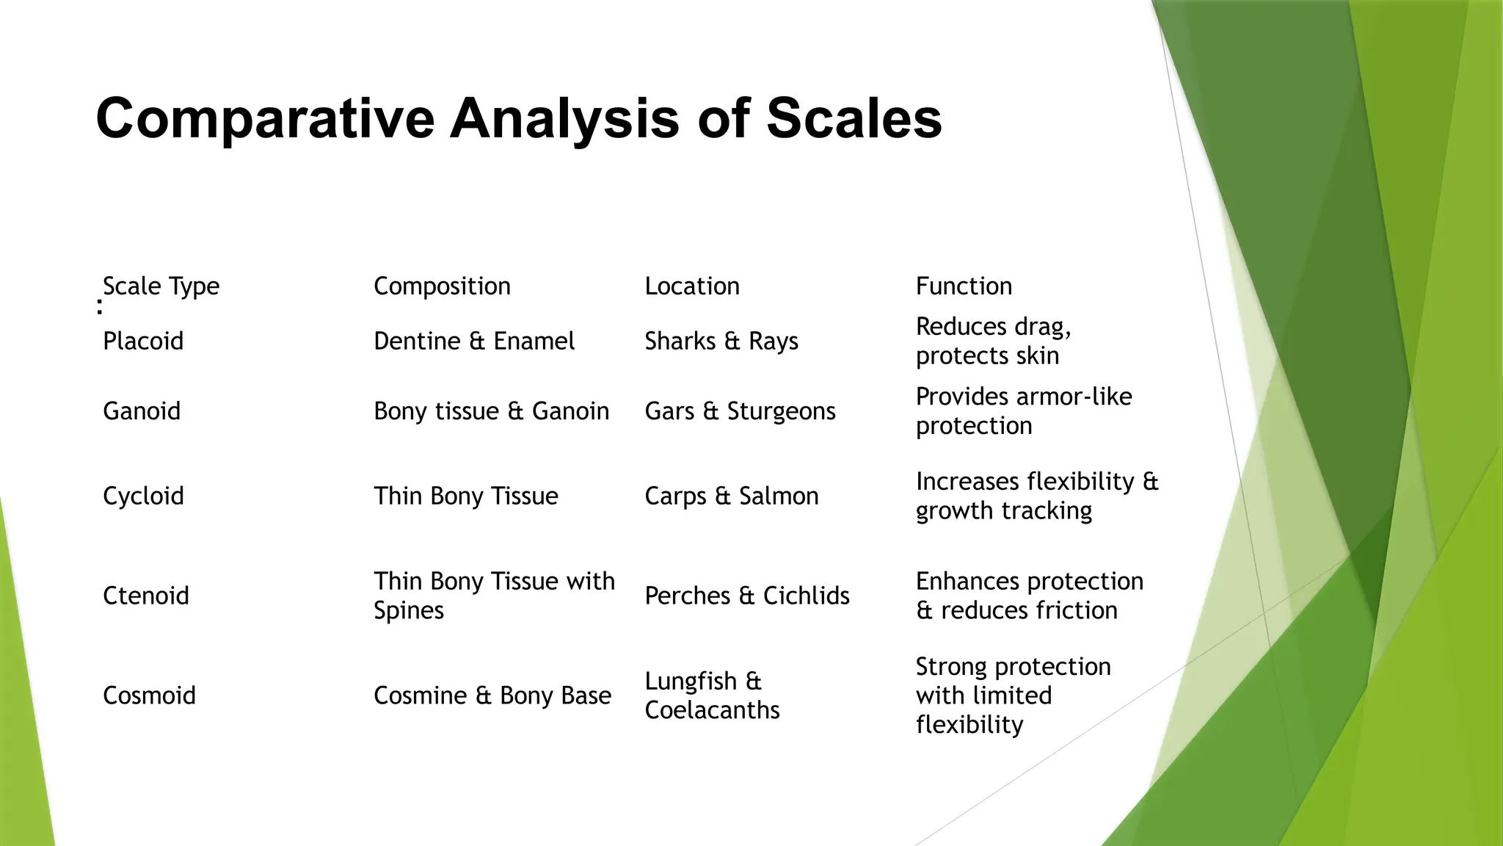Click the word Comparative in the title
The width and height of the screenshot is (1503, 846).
265,119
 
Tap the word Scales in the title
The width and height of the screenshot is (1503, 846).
854,119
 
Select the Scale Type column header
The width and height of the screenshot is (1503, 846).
161,286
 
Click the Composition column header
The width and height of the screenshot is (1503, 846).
442,286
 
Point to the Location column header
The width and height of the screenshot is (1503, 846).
692,286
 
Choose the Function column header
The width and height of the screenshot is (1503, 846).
964,286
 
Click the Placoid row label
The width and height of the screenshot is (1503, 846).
143,341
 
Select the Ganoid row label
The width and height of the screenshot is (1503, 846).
142,411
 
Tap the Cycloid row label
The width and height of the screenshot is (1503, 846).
143,496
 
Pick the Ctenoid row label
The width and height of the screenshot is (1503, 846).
146,595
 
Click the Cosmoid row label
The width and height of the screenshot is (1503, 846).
149,695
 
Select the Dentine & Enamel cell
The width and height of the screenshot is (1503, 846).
474,341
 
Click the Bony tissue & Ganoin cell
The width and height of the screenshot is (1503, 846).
491,411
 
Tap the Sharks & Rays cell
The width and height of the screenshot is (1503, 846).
721,341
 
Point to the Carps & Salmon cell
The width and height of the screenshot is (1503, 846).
732,496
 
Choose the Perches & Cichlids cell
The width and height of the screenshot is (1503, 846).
747,595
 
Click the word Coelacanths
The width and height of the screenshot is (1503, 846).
712,710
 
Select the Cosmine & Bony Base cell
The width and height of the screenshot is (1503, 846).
492,695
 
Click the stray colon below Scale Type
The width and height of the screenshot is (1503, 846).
100,307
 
